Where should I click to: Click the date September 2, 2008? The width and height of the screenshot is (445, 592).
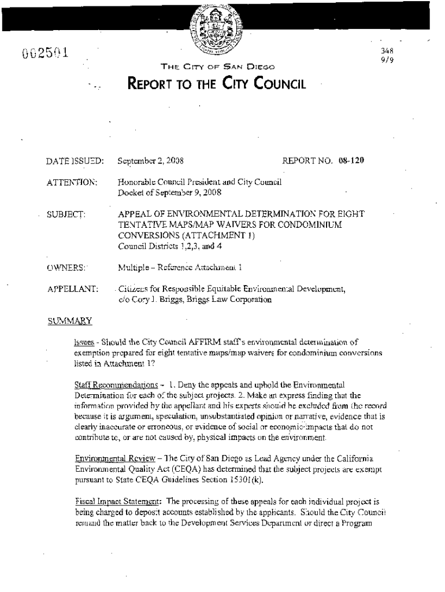coord(151,160)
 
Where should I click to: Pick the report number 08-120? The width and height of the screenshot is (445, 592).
coord(351,160)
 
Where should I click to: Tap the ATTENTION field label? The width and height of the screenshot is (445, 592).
coord(72,182)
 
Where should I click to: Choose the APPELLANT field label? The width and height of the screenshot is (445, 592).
coord(72,288)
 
